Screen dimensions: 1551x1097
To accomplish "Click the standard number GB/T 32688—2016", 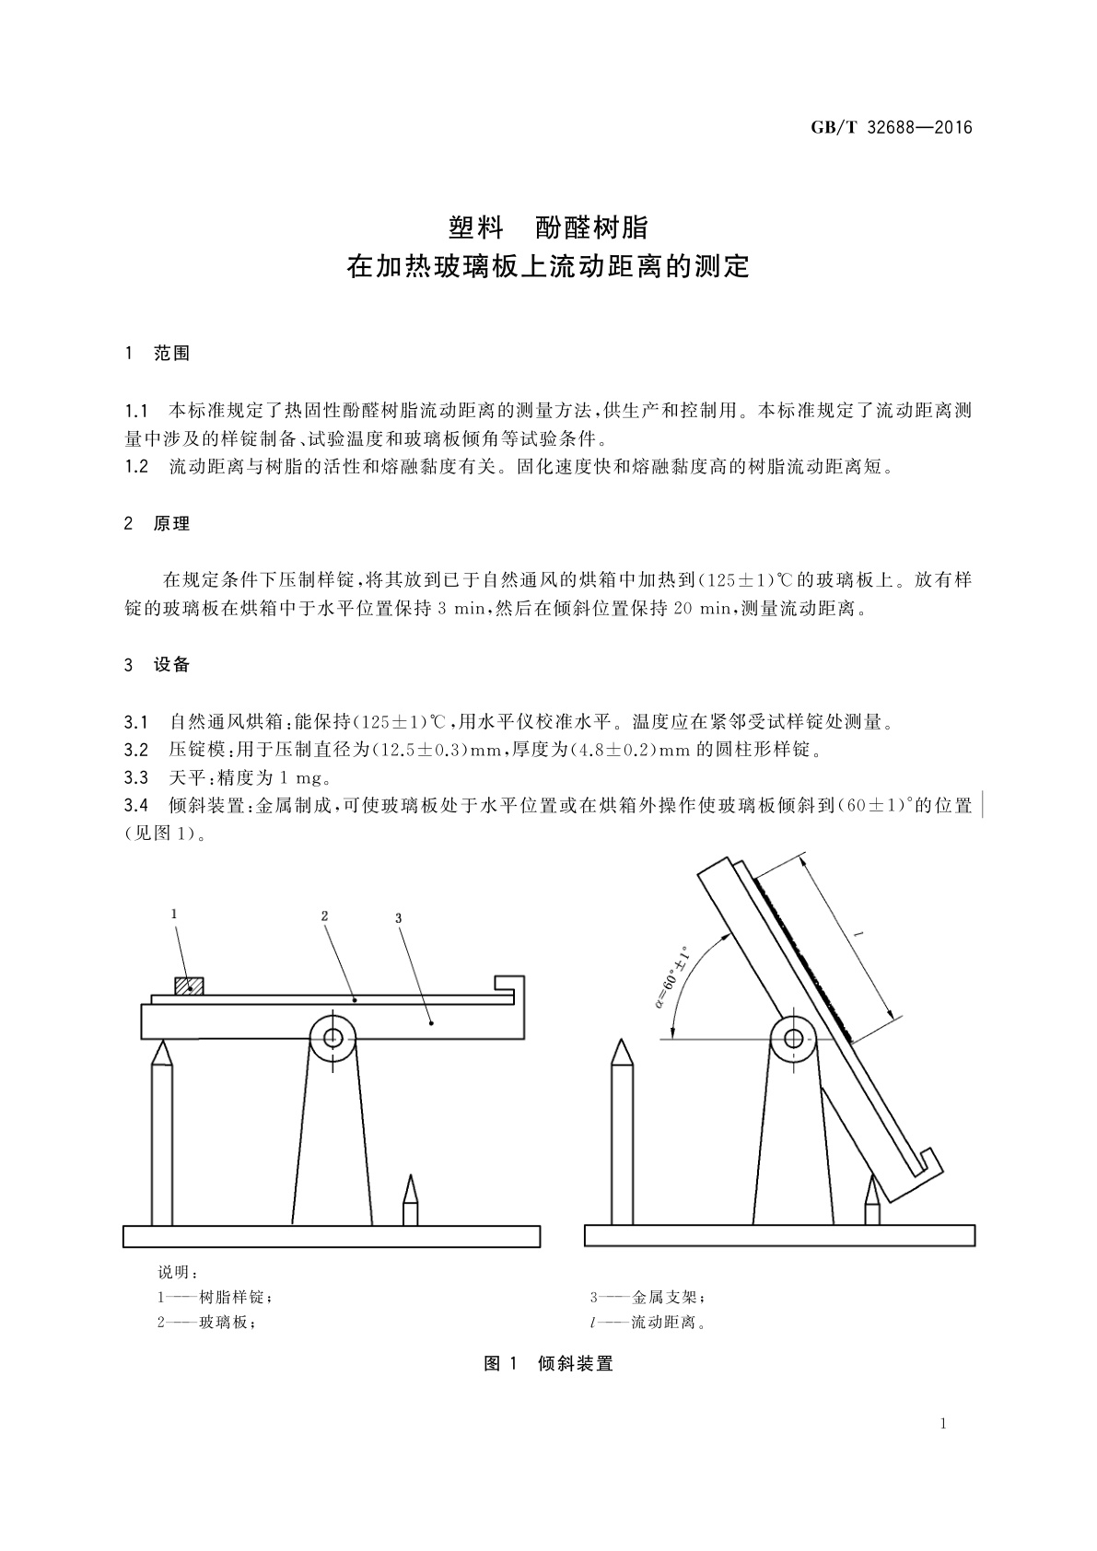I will click(891, 128).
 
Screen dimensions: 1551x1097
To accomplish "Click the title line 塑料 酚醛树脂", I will click(548, 227).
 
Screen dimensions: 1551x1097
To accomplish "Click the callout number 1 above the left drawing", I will click(174, 914).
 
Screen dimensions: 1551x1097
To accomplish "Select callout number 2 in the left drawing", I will click(324, 916).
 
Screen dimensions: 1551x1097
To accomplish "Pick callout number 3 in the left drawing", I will click(398, 918).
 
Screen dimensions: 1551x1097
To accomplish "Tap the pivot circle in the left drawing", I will click(333, 1038).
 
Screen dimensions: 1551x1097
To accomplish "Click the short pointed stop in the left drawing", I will click(410, 1202).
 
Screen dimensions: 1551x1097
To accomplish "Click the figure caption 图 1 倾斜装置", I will click(548, 1364).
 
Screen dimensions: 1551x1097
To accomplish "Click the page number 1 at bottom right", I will click(944, 1425).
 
